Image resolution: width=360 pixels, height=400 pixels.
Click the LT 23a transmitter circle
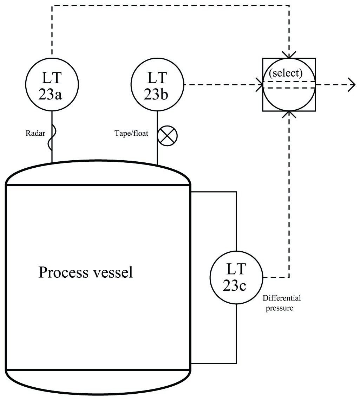coord(52,85)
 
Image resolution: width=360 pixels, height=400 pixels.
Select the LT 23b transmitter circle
coord(157,85)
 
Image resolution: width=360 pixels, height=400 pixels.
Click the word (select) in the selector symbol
coord(285,73)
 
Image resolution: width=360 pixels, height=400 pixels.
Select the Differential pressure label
coord(282,303)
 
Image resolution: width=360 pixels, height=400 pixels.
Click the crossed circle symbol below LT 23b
coord(168,136)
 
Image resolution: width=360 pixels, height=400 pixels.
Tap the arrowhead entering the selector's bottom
coord(289,115)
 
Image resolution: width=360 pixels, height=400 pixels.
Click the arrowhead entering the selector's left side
coord(260,85)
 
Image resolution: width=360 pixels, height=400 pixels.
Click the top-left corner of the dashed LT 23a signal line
coord(52,6)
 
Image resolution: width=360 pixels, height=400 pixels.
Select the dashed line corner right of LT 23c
coord(289,277)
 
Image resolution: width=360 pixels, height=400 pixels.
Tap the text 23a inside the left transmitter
coord(52,94)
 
